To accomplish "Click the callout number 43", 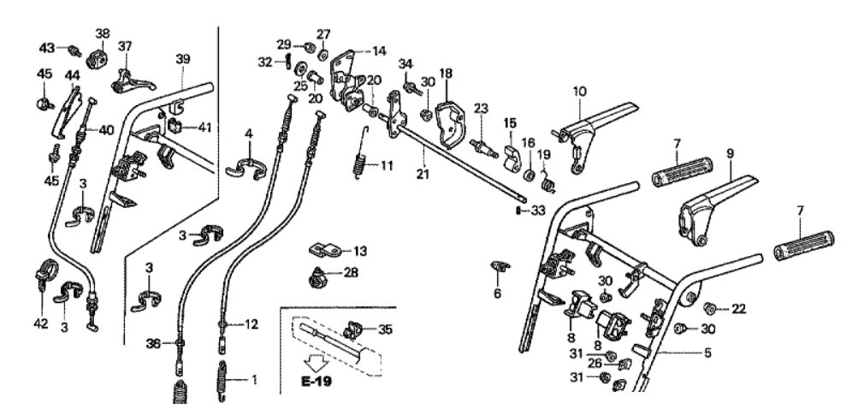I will pos(47,45).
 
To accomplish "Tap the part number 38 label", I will pos(103,34).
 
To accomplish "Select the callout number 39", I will pos(182,57).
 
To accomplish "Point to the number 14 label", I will pos(378,51).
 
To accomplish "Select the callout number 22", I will pos(738,308).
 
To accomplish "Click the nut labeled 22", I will pos(709,307).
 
